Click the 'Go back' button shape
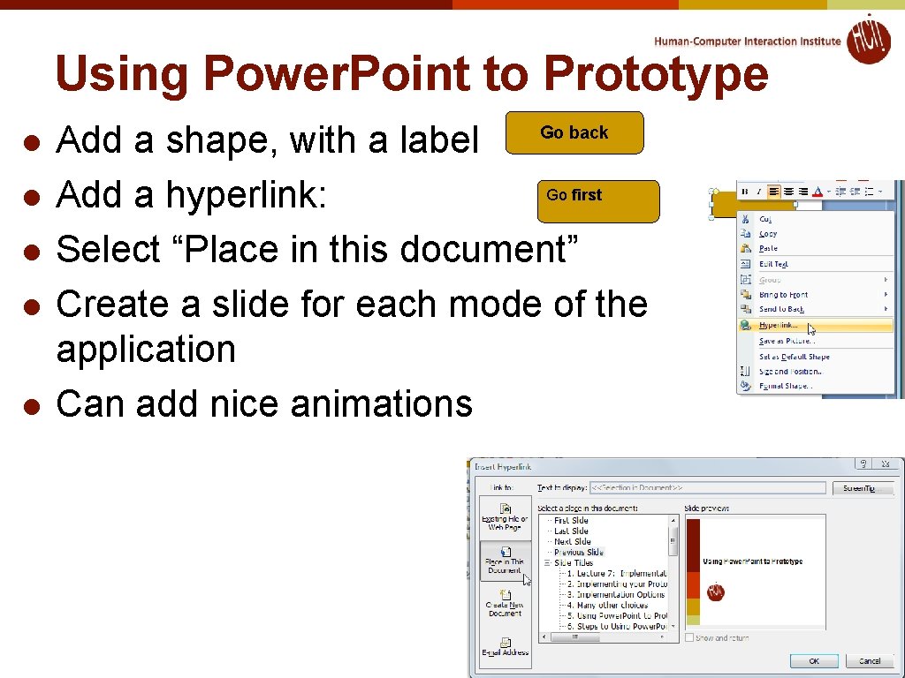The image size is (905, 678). tap(574, 133)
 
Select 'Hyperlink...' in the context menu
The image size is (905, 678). tap(779, 325)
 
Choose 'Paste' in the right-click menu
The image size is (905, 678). tap(768, 248)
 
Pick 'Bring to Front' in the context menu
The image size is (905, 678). tap(783, 294)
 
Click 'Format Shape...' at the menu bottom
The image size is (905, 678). tap(786, 386)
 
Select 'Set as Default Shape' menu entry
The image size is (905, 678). tap(794, 357)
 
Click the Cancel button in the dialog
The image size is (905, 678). tap(869, 660)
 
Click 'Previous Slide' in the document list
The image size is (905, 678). tap(579, 552)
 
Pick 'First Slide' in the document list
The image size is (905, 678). tap(571, 520)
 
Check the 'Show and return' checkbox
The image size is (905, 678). tap(689, 637)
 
